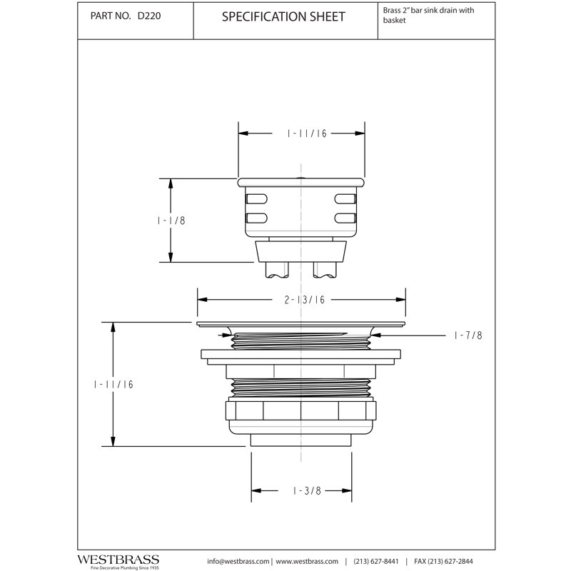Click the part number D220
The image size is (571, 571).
click(x=149, y=16)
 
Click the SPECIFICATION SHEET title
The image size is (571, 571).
click(x=283, y=16)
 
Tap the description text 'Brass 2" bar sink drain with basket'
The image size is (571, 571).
click(x=428, y=15)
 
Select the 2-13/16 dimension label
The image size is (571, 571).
click(x=305, y=300)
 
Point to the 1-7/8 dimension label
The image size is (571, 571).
click(x=468, y=335)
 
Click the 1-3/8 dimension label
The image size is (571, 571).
click(x=308, y=491)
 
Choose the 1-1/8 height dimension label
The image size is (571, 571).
click(x=171, y=221)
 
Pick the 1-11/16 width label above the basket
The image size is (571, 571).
click(x=307, y=133)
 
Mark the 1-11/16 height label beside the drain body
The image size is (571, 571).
click(x=113, y=385)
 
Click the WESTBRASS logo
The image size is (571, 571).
click(x=118, y=560)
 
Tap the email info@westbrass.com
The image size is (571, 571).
click(x=238, y=562)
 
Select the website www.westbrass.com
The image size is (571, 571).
click(x=307, y=562)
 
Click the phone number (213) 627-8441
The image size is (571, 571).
click(x=376, y=562)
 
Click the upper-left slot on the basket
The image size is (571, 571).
click(x=256, y=199)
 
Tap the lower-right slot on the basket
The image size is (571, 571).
click(x=345, y=218)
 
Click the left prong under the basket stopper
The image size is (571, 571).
click(x=277, y=270)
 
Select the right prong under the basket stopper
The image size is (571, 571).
click(x=325, y=270)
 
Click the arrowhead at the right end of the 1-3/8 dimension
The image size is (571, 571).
click(x=347, y=490)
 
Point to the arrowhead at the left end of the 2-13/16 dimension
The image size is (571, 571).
click(x=203, y=300)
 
